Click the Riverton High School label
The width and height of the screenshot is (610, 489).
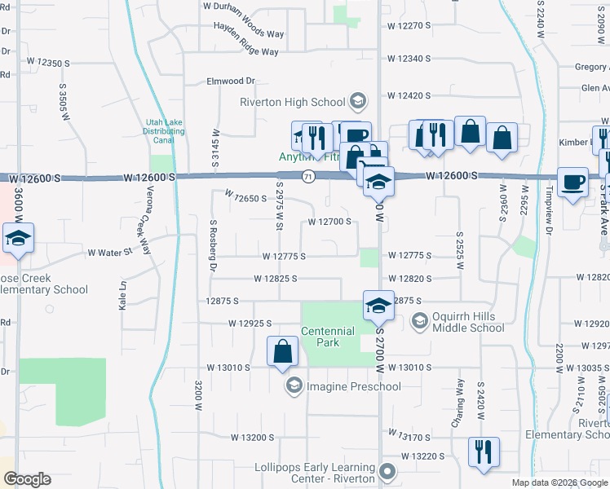point(292,102)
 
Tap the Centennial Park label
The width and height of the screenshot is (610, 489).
point(328,337)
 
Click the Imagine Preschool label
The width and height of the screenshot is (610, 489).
point(353,385)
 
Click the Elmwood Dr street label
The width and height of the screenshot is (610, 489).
point(232,81)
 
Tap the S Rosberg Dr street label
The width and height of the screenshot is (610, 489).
point(212,245)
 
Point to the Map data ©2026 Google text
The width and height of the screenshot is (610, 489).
point(559,482)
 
